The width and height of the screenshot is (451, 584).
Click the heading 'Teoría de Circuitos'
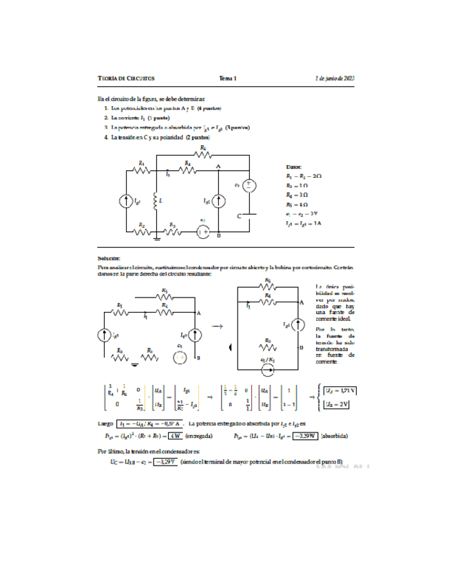coord(126,79)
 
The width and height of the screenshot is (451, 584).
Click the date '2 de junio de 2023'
coord(334,79)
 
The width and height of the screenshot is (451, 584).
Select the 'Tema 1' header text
coord(228,79)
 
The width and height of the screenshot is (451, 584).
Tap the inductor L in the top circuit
coord(156,201)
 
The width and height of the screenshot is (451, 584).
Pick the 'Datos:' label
coord(293,167)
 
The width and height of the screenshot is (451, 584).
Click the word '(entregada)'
coord(200,435)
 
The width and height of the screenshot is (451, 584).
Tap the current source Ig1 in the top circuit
coord(127,202)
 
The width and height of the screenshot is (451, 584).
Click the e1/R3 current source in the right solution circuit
coord(269,368)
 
